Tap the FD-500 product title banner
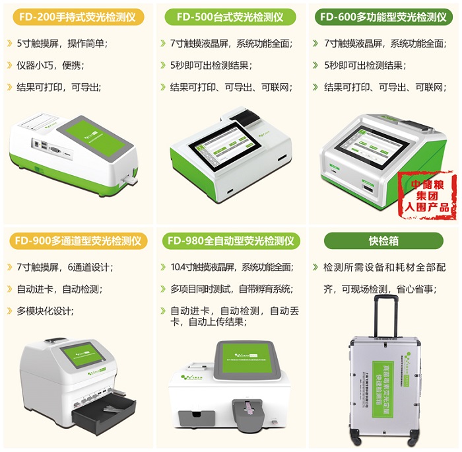(x=230, y=17)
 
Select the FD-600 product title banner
(x=385, y=17)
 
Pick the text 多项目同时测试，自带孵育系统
(x=231, y=289)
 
